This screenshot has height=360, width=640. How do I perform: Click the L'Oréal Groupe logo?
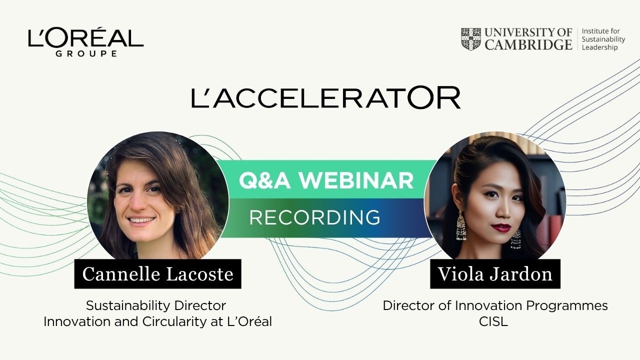coord(85,41)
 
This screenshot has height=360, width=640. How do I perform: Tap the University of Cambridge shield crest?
coord(470,39)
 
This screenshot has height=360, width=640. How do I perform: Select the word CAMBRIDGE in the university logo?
coord(528,45)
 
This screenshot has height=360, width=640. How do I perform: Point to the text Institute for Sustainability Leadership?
coord(603,39)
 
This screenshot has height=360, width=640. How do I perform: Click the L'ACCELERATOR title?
coord(325,97)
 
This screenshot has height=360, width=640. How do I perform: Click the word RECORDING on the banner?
coord(314,217)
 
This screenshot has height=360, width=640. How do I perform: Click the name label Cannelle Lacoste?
coord(157,274)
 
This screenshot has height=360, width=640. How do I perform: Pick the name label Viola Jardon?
coord(495,274)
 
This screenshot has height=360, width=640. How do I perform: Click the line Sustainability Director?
coord(156,305)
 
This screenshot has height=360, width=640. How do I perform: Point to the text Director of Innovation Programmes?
coord(495,305)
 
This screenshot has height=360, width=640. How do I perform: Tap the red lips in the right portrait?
coord(501,227)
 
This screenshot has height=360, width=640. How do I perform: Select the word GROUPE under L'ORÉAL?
coord(85,53)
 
